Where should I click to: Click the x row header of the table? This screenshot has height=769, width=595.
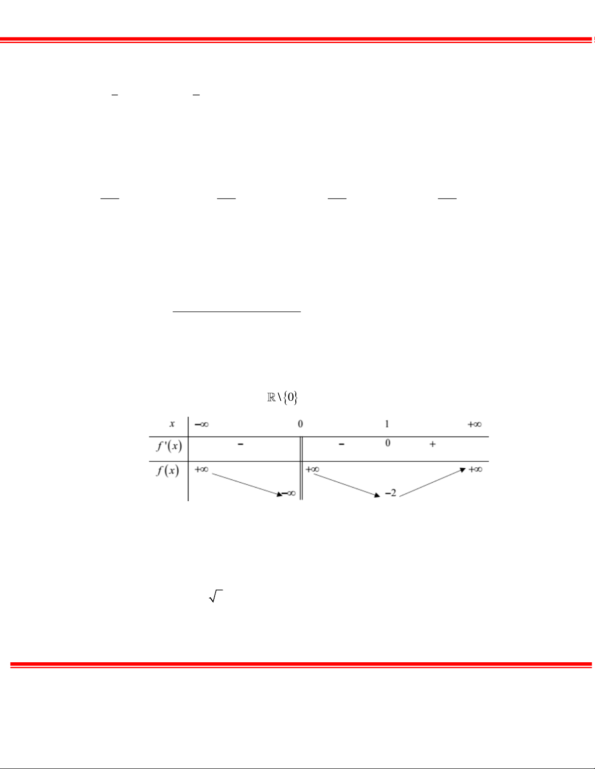(x=172, y=424)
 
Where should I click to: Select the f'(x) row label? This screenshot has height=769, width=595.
(x=170, y=445)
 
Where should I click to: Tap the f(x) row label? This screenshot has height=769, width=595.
(x=168, y=470)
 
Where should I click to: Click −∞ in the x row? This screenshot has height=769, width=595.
(x=202, y=424)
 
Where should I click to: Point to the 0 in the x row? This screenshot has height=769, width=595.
(x=300, y=424)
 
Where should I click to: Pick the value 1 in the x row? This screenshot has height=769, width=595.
(x=387, y=424)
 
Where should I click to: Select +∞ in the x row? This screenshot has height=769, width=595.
(x=475, y=424)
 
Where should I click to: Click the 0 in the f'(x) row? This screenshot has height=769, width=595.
(x=388, y=443)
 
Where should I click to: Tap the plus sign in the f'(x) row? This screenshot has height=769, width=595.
(x=432, y=444)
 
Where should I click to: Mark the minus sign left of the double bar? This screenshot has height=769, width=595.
(x=240, y=444)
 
